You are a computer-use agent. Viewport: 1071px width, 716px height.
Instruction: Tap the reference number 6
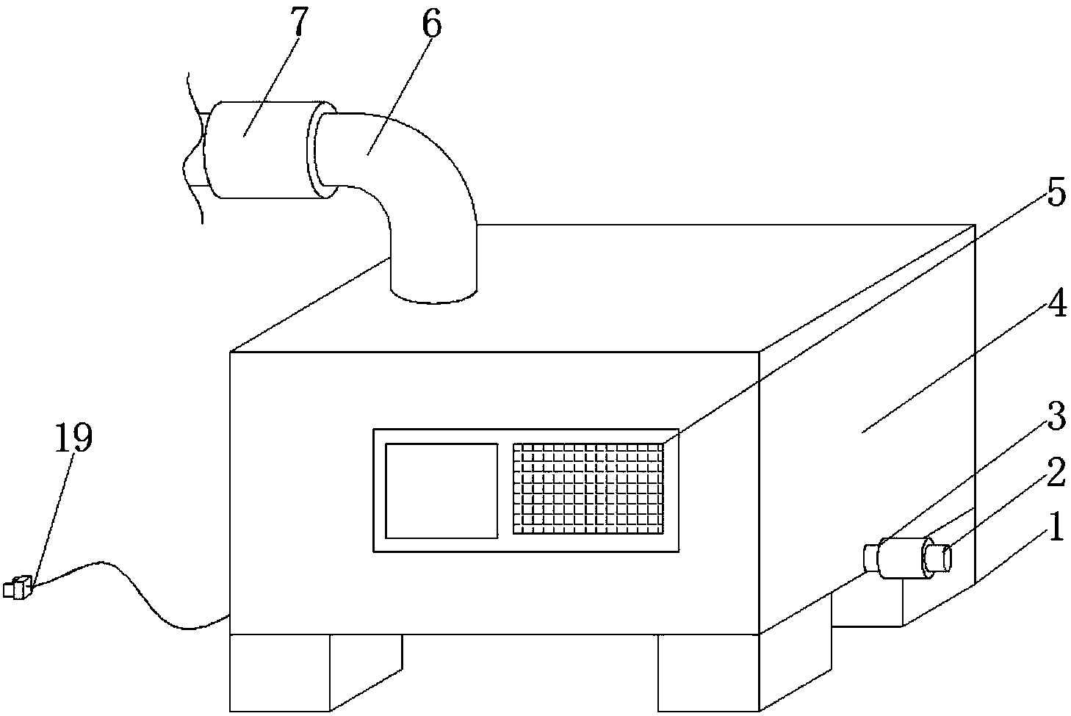click(x=431, y=27)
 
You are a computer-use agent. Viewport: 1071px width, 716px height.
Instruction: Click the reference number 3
click(x=1055, y=418)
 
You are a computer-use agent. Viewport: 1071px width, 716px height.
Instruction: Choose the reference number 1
click(x=1055, y=527)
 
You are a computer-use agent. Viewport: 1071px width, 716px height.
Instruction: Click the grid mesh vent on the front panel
click(x=588, y=488)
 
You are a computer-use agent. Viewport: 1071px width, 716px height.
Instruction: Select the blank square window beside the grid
click(x=441, y=490)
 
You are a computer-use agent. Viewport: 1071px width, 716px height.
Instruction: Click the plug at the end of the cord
click(x=18, y=587)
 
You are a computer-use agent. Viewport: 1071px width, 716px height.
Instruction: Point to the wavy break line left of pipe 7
click(x=192, y=147)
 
